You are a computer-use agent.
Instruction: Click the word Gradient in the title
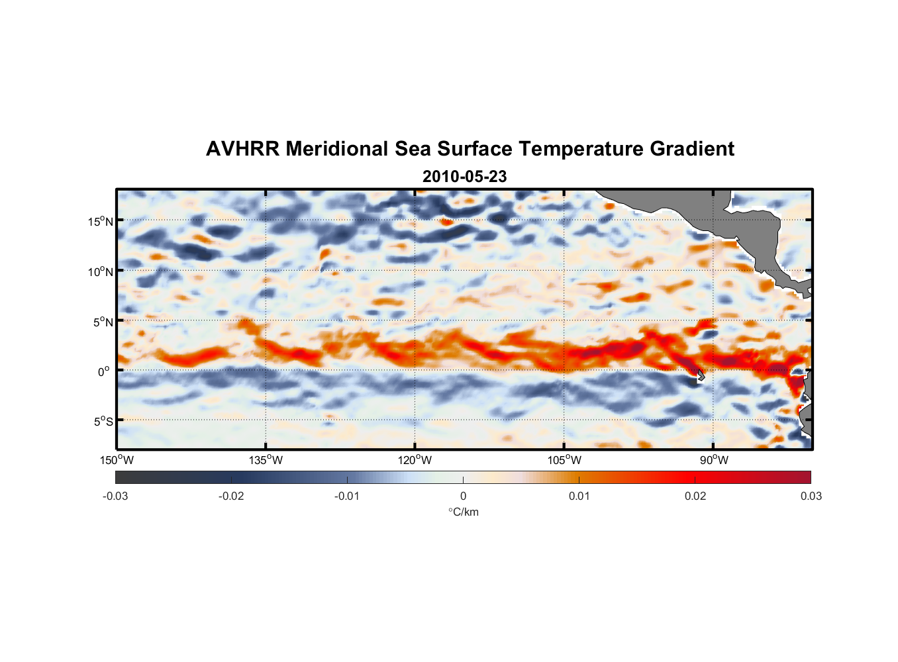coord(692,149)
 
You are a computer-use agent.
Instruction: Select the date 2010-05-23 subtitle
coord(464,177)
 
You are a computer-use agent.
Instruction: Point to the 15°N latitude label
coord(101,221)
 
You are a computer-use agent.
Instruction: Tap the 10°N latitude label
coord(101,271)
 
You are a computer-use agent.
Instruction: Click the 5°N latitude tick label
coord(103,322)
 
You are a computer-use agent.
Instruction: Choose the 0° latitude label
coord(105,371)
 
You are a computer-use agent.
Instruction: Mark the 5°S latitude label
coord(103,422)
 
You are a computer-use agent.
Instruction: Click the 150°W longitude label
coord(117,460)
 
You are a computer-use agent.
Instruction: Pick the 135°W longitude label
coord(266,460)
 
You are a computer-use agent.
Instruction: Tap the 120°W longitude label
coord(415,460)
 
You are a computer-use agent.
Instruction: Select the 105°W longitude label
coord(564,460)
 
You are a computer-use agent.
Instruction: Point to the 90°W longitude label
coord(713,460)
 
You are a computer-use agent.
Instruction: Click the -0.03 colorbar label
coord(115,496)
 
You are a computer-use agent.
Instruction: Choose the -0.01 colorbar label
coord(347,496)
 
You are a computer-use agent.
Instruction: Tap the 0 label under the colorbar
coord(463,496)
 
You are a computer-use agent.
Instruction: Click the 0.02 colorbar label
coord(695,496)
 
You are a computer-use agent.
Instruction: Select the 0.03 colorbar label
coord(811,496)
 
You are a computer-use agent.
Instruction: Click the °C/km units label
coord(464,512)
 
